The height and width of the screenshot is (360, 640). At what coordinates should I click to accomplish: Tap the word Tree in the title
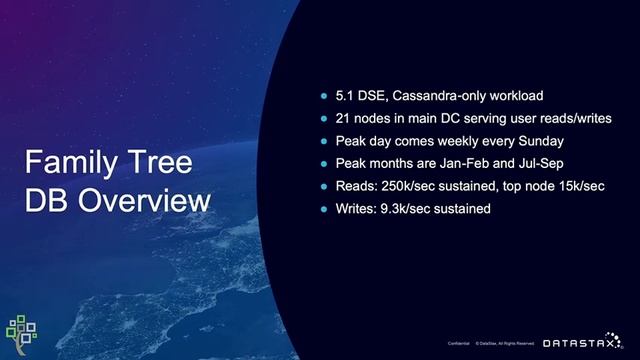pos(164,164)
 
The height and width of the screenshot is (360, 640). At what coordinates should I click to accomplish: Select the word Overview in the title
pos(146,200)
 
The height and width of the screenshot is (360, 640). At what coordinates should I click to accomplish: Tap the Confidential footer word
pos(459,343)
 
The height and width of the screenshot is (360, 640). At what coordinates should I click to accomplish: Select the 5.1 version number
pos(344,97)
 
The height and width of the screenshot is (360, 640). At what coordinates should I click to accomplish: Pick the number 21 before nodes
pos(343,119)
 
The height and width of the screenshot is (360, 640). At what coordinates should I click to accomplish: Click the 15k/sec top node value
pos(574,186)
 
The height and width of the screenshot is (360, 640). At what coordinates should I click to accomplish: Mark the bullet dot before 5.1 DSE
pos(323,97)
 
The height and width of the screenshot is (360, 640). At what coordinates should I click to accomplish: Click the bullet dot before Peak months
pos(323,163)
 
